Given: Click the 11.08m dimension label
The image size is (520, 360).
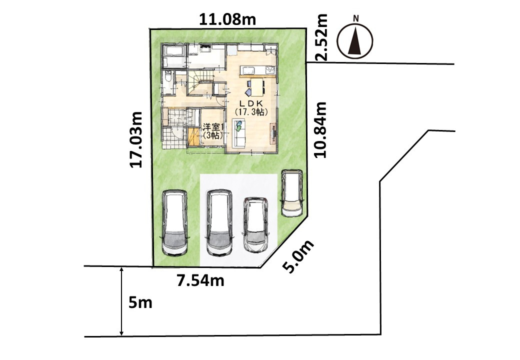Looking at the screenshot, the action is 227,19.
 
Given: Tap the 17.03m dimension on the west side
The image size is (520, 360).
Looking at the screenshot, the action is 136,139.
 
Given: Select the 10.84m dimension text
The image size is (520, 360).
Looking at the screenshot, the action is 320,129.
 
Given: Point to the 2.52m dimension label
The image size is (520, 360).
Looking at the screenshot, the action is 321,37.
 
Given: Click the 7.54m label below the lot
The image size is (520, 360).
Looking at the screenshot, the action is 200,281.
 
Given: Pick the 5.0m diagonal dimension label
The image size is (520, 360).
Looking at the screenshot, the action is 298,256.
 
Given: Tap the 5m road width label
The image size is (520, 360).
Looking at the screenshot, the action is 140,302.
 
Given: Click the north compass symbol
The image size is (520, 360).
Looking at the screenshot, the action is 355,38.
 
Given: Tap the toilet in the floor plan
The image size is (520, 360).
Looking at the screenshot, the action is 167,78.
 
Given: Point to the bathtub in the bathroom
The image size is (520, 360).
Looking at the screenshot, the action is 174,51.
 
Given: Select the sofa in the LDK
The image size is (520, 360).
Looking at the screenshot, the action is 240,132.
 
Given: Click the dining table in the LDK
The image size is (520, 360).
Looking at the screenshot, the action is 256,87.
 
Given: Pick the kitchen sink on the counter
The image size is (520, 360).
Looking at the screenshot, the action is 248,70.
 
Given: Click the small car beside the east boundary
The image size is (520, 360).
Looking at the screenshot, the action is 292,193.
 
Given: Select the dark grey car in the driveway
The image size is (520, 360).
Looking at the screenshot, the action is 255,224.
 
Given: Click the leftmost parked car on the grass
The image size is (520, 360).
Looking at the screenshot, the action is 175,223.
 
